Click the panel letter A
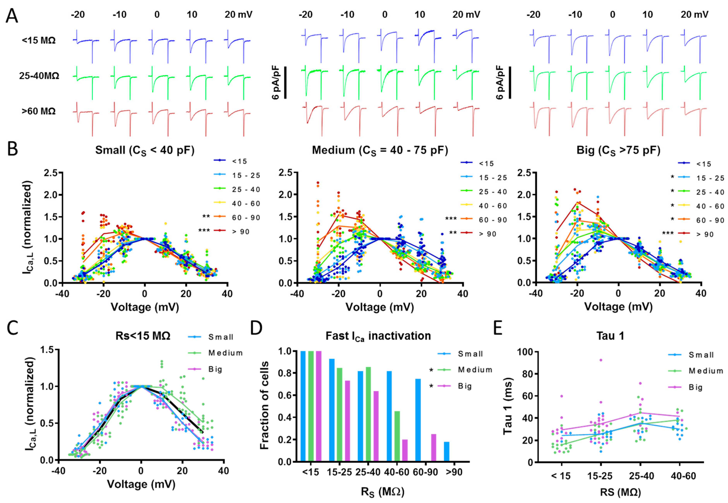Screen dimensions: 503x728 (x=12, y=16)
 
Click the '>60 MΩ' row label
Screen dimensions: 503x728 (x=39, y=111)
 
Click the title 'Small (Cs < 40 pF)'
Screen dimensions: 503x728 (x=145, y=150)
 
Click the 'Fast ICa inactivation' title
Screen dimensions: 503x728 (x=378, y=336)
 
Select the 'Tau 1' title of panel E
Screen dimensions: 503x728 (x=610, y=336)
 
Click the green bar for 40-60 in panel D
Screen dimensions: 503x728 (x=397, y=436)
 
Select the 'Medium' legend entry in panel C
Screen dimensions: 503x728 (x=225, y=353)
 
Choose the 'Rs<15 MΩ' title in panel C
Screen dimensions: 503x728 (x=143, y=336)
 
